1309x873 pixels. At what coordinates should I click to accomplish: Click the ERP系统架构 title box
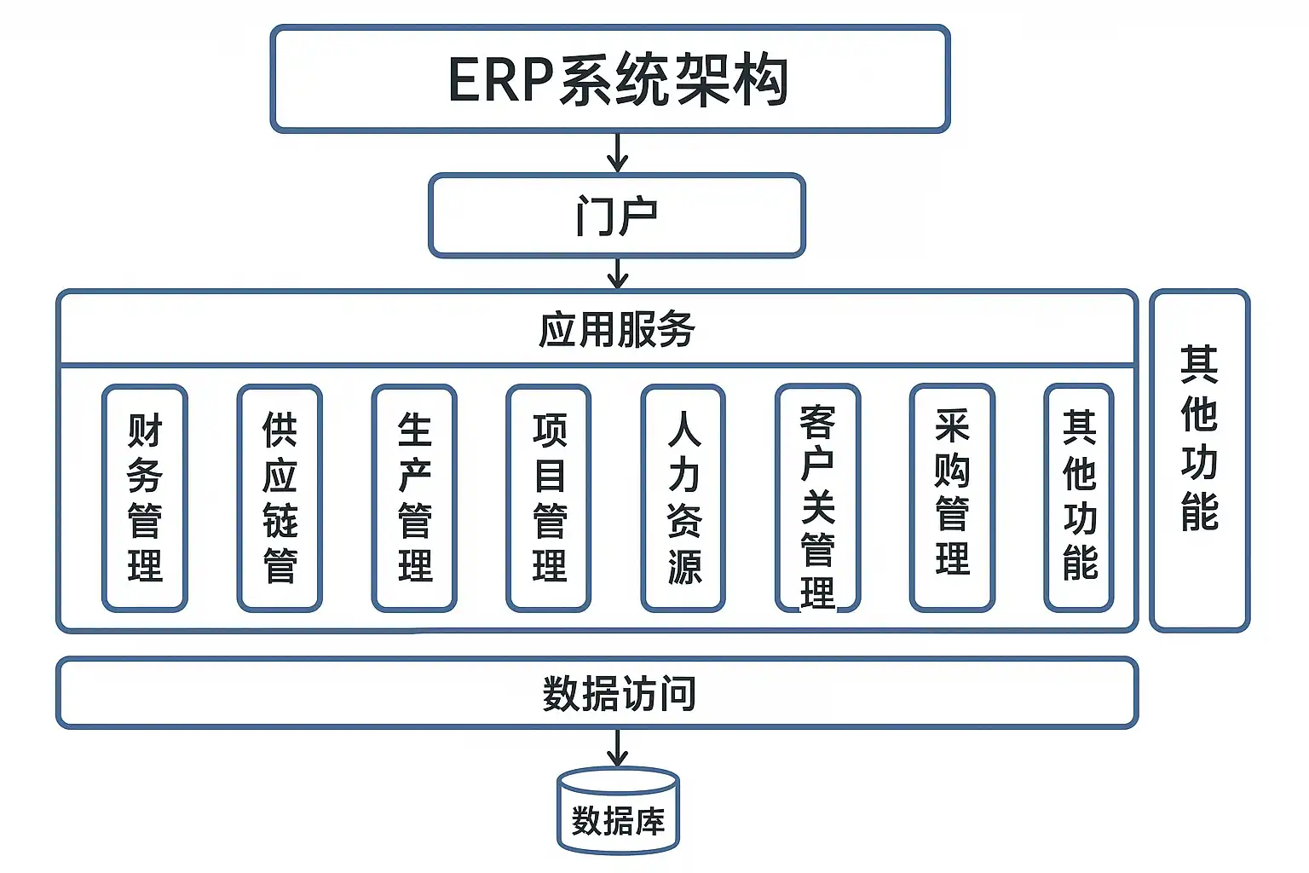609,78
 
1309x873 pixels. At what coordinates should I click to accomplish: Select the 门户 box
616,215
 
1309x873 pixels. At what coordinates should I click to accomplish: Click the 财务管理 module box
144,499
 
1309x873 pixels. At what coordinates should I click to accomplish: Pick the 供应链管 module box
280,499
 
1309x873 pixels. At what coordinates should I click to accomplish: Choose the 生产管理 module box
414,499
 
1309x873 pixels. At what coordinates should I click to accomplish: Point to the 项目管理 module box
549,499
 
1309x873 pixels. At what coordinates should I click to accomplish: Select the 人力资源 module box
683,499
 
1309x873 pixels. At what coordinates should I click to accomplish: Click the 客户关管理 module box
818,499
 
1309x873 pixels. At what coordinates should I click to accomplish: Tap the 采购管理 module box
952,499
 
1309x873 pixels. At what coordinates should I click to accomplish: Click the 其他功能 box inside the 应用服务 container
1079,499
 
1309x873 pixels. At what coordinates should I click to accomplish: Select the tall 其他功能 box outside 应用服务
1199,460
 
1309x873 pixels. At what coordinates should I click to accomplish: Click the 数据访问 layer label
619,693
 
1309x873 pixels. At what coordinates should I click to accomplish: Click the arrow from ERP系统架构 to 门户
617,153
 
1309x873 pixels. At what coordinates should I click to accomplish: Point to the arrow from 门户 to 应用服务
617,273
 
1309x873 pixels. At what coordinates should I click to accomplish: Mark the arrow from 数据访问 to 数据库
617,748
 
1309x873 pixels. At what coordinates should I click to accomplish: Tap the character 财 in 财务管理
144,431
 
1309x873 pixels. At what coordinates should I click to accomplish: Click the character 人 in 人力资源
683,429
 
